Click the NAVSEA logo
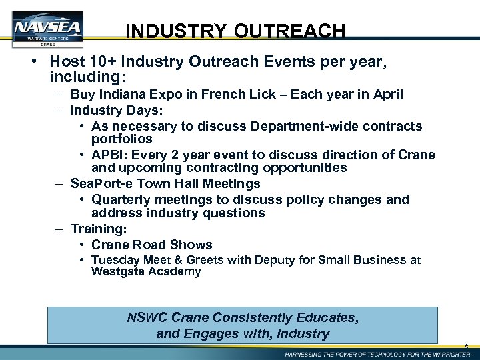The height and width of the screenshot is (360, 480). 47,28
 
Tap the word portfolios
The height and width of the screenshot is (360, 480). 122,139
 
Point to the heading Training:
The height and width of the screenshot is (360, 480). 99,229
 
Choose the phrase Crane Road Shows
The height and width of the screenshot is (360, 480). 152,245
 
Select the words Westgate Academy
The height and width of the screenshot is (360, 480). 146,271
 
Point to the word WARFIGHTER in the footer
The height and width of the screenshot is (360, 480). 445,354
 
